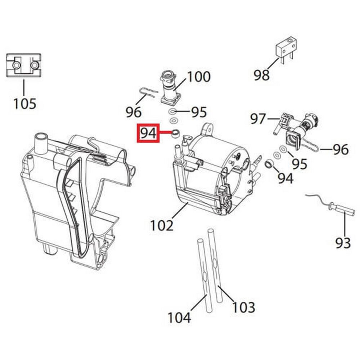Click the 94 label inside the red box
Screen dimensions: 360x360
[x=148, y=133]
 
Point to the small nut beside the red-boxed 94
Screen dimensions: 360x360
[x=175, y=133]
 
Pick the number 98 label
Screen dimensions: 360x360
[x=262, y=75]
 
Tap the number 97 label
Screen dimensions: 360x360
[x=258, y=119]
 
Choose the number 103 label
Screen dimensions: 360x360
[x=243, y=307]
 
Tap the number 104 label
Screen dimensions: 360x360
[x=179, y=317]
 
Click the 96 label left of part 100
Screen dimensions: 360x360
[x=133, y=112]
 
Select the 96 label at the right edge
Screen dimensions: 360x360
[x=340, y=149]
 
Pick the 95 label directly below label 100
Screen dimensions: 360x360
[x=199, y=112]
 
